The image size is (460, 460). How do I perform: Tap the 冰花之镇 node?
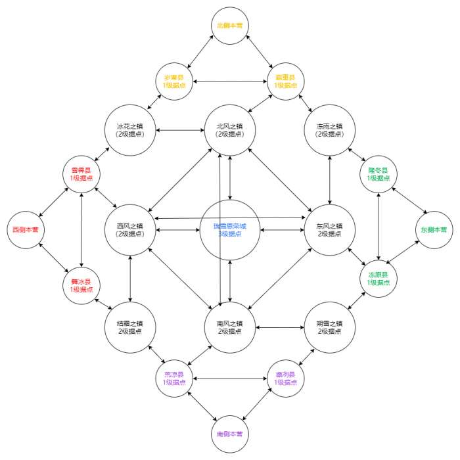click(x=131, y=129)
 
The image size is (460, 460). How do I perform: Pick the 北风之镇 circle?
click(x=229, y=129)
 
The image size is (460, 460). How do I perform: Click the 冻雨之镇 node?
click(x=329, y=129)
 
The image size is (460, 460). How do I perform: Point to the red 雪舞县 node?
click(x=81, y=173)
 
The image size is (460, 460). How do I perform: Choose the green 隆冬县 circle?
click(x=379, y=174)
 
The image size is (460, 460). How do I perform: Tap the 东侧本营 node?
click(x=434, y=230)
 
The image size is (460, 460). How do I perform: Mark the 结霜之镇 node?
click(x=131, y=327)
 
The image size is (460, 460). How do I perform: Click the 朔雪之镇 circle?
click(x=329, y=327)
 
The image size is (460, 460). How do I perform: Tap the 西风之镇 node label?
click(x=129, y=230)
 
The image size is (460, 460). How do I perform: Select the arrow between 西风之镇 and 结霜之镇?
click(x=131, y=278)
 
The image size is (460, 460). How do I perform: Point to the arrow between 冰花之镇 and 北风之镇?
click(x=180, y=129)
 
